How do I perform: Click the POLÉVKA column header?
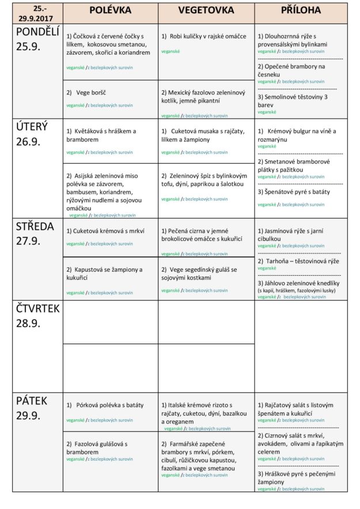(x=111, y=10)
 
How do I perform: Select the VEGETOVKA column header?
(x=206, y=10)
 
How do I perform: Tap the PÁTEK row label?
(x=32, y=408)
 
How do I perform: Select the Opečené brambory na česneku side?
(x=291, y=71)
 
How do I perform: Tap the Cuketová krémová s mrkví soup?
(x=105, y=231)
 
